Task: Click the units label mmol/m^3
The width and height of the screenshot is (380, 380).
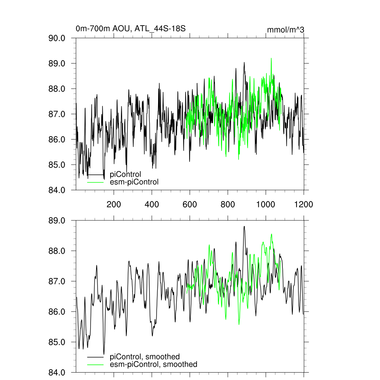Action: tap(285, 29)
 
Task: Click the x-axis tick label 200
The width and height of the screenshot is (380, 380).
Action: tap(114, 204)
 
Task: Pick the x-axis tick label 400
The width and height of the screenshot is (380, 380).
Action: tap(152, 204)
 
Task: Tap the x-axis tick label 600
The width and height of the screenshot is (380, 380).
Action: tap(190, 204)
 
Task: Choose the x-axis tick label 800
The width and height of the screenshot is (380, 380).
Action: tap(227, 204)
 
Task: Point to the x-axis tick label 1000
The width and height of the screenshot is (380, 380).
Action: tap(266, 204)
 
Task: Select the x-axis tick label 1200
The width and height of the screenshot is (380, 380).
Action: tap(304, 204)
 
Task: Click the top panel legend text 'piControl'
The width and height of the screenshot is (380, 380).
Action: tap(125, 174)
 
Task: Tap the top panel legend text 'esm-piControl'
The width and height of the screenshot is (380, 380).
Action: tap(134, 182)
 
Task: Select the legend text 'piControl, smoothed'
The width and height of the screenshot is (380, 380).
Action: tap(145, 357)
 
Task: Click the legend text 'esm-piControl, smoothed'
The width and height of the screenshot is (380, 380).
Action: tap(154, 364)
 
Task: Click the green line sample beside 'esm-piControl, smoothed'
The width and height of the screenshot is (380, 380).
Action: tap(95, 364)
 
